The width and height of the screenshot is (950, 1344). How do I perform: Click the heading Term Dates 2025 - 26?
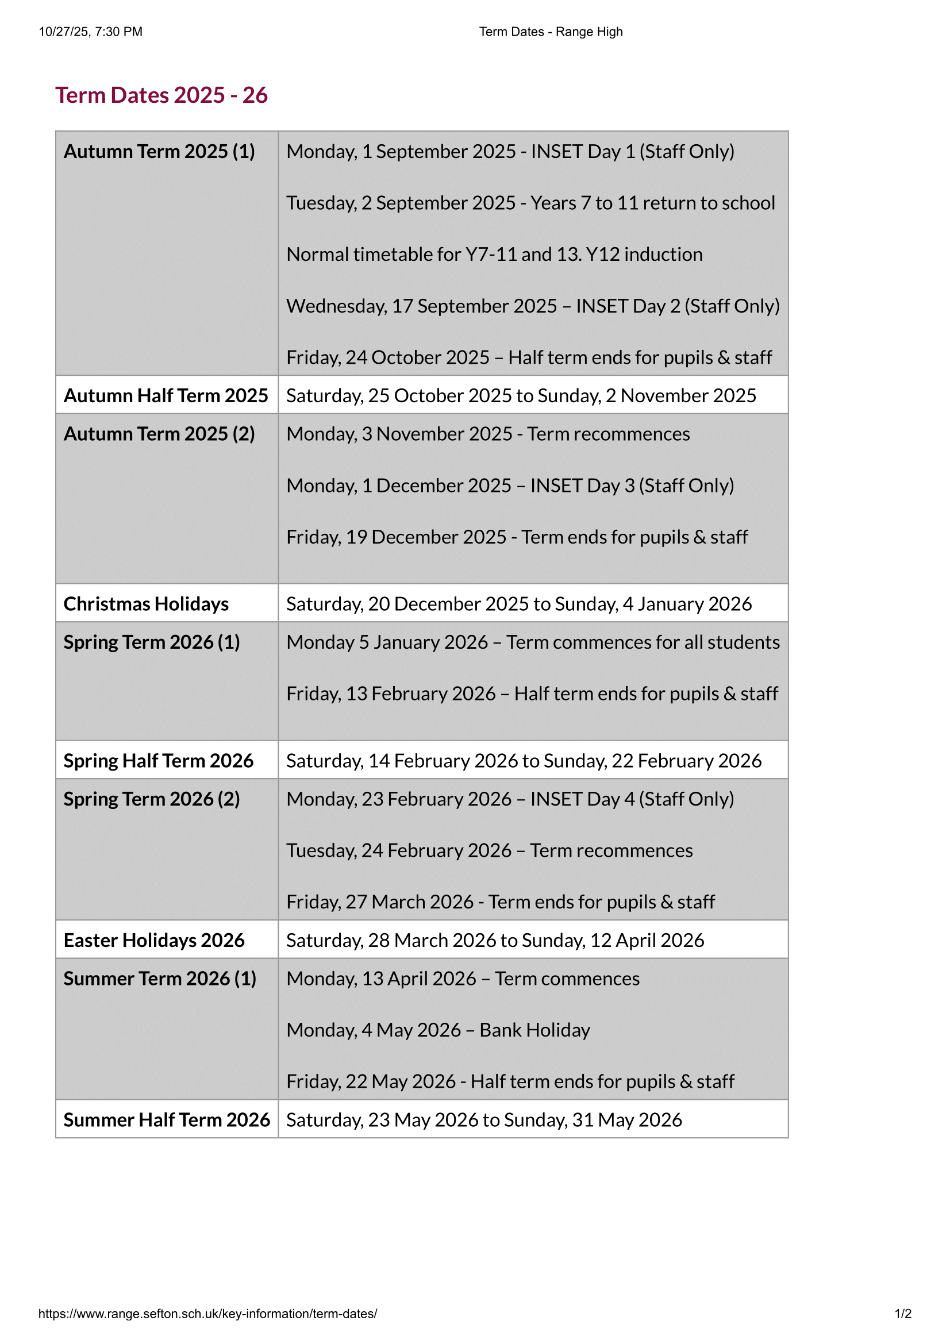click(161, 95)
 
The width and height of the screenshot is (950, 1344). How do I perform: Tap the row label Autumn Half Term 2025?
click(166, 396)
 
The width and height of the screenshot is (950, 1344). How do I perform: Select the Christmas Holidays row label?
click(146, 604)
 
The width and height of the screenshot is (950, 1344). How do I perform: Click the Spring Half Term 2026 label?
click(158, 761)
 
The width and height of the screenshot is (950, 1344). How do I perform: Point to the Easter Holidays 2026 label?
click(154, 941)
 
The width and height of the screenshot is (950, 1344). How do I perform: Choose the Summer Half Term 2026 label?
click(167, 1120)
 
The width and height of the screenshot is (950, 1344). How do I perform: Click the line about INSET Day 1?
click(510, 152)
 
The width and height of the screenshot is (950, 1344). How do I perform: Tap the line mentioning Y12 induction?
click(494, 255)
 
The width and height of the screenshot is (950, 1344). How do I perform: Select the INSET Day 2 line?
click(533, 306)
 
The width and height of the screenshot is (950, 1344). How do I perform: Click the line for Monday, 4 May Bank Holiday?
click(438, 1030)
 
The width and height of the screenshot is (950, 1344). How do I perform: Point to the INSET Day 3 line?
click(510, 486)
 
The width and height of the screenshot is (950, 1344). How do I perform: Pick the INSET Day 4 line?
click(510, 800)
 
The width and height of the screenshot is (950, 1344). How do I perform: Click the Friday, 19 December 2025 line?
click(517, 537)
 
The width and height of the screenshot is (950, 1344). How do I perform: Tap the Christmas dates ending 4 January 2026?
click(518, 604)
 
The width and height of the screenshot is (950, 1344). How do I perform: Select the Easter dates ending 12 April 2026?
click(495, 941)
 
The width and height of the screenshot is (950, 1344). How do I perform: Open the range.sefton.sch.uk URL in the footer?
click(208, 1314)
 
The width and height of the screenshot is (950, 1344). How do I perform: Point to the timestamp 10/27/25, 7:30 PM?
click(91, 32)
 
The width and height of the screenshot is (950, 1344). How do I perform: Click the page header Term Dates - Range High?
click(551, 32)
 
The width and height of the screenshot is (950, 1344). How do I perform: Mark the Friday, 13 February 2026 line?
click(532, 694)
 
